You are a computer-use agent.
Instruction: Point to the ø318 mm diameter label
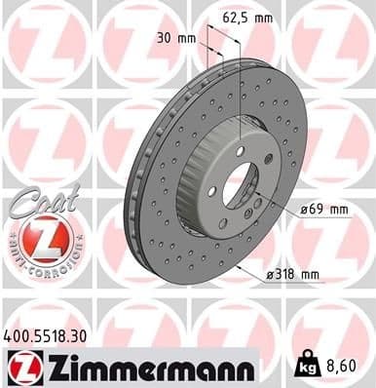pos(293,276)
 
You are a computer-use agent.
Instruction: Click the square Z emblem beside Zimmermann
pos(20,367)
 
